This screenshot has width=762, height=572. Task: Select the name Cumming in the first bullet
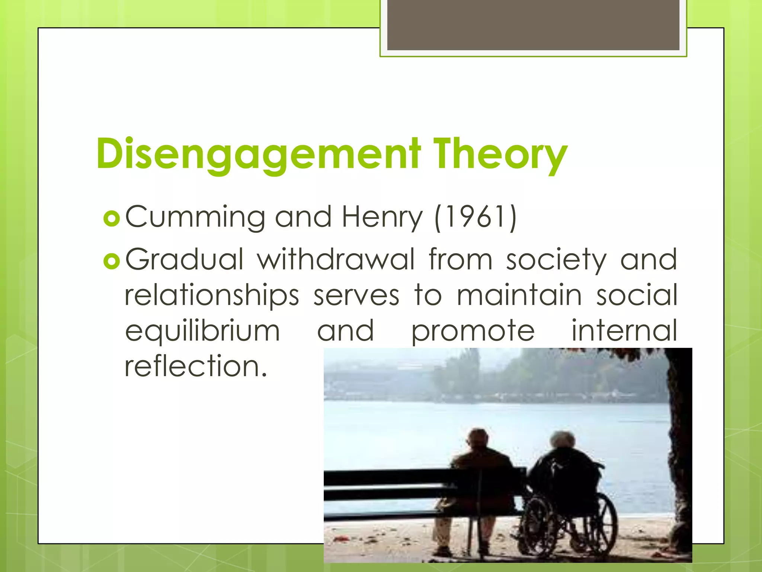(195, 217)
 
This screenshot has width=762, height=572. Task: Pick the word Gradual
(185, 259)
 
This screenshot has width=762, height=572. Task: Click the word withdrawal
(336, 259)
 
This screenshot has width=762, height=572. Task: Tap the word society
(556, 260)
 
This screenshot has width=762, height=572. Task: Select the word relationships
(212, 295)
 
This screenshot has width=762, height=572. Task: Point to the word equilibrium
(202, 331)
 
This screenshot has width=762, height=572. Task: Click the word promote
(473, 331)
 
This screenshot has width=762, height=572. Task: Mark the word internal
(624, 330)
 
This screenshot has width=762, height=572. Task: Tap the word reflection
(196, 366)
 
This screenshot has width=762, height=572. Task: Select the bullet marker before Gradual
(112, 262)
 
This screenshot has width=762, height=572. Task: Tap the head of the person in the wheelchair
(563, 442)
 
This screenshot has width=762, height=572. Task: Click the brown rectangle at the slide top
(533, 25)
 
